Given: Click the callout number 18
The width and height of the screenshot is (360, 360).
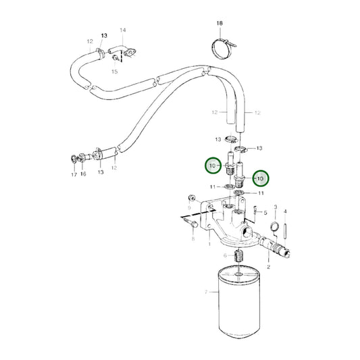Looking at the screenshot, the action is [x=220, y=23].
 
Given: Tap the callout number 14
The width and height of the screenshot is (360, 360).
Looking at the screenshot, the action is [x=123, y=30].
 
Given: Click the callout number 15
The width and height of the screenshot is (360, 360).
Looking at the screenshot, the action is [x=115, y=72].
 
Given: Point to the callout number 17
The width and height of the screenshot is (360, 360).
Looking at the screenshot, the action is [x=74, y=175].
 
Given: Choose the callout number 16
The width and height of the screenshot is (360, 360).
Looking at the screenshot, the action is [x=83, y=174].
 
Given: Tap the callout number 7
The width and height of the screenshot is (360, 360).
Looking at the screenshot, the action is [x=206, y=292].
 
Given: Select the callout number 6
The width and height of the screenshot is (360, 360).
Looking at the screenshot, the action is [x=225, y=255].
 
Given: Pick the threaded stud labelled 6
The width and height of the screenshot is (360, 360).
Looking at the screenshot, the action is [x=238, y=256].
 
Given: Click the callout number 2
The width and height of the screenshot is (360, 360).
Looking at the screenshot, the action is [x=268, y=267].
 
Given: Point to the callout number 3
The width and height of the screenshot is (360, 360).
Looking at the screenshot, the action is [x=276, y=207].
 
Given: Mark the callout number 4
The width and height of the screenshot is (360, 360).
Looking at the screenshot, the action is [x=285, y=211].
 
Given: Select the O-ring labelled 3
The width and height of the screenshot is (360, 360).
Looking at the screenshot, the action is [x=275, y=226].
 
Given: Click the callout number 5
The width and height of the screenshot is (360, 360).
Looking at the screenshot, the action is [x=265, y=213].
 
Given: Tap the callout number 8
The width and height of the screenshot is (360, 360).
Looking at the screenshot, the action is [x=193, y=239].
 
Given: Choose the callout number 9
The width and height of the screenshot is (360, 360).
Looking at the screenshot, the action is [x=189, y=208].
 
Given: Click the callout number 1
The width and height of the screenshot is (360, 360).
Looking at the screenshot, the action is [x=209, y=244].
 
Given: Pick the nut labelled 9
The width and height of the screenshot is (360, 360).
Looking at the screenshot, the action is [x=191, y=198].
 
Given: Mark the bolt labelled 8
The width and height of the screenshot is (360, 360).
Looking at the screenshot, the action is [x=190, y=222].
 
